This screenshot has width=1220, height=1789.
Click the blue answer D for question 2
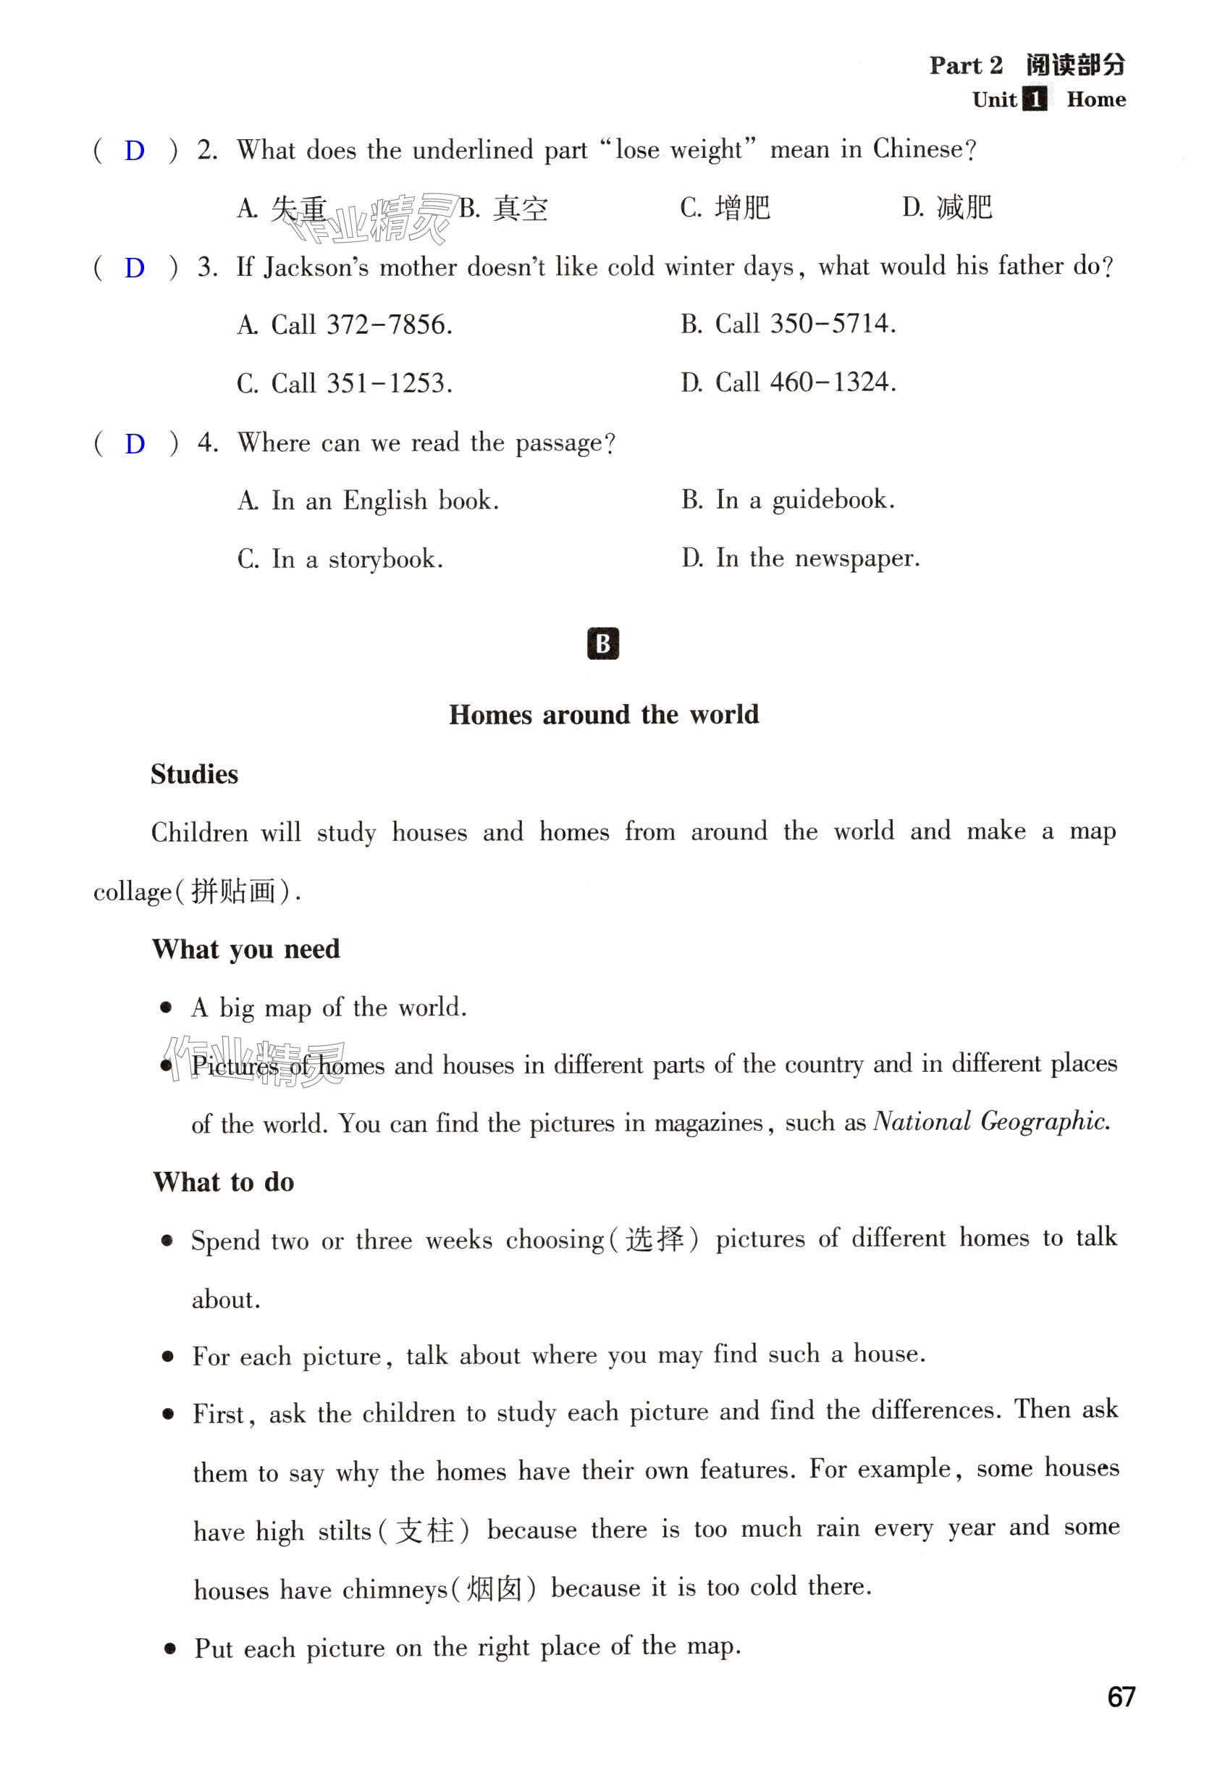pyautogui.click(x=135, y=150)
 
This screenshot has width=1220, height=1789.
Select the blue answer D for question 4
pyautogui.click(x=135, y=443)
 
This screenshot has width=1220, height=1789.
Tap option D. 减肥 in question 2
pyautogui.click(x=947, y=207)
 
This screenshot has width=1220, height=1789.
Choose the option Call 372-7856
pyautogui.click(x=345, y=325)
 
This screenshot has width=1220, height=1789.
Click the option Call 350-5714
pyautogui.click(x=788, y=323)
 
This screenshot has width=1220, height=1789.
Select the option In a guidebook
pyautogui.click(x=788, y=500)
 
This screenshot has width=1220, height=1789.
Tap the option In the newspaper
pyautogui.click(x=801, y=558)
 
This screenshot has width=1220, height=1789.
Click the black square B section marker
pyautogui.click(x=602, y=644)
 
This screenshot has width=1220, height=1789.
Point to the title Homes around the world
pyautogui.click(x=603, y=714)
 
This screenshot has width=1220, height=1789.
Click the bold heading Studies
pyautogui.click(x=194, y=774)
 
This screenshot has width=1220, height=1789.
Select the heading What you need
pyautogui.click(x=245, y=949)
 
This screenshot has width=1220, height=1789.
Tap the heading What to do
pyautogui.click(x=223, y=1182)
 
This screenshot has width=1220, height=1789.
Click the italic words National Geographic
pyautogui.click(x=991, y=1122)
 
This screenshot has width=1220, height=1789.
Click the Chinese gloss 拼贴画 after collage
pyautogui.click(x=233, y=892)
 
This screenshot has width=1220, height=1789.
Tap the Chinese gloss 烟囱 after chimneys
pyautogui.click(x=495, y=1588)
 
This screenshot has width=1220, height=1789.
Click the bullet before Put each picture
pyautogui.click(x=170, y=1648)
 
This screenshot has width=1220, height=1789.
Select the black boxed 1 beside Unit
pyautogui.click(x=1035, y=99)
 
